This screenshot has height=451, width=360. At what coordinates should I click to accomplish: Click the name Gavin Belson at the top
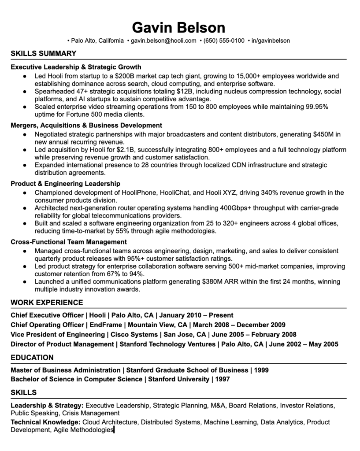click(x=178, y=27)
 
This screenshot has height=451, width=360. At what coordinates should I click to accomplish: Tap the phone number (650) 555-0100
click(x=224, y=41)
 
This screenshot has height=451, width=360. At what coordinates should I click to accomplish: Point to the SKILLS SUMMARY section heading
click(x=43, y=54)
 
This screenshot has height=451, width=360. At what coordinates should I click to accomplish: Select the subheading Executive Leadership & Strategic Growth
click(x=76, y=67)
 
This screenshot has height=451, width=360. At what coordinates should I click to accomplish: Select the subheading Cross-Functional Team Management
click(x=69, y=242)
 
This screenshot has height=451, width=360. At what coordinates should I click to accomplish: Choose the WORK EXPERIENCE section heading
click(x=47, y=303)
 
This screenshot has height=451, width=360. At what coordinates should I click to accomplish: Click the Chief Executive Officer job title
click(x=47, y=315)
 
